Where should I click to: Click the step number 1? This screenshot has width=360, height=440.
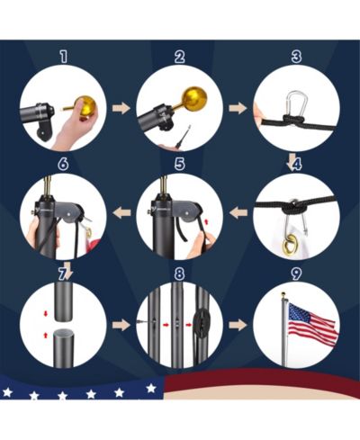63,57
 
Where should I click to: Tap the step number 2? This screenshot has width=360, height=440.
179,57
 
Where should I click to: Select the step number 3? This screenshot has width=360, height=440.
296,57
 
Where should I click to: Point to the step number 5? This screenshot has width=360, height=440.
179,164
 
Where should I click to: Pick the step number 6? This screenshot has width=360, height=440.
63,164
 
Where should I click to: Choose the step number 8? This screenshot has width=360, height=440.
179,274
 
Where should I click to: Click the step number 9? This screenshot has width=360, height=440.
296,274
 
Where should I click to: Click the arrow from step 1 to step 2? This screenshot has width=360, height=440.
121,108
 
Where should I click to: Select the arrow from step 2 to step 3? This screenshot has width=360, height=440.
238,108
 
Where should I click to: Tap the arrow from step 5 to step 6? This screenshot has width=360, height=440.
121,212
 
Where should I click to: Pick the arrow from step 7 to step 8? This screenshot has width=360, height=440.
121,325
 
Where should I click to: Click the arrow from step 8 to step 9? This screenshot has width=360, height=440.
238,325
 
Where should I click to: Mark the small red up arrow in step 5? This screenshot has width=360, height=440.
206,221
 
